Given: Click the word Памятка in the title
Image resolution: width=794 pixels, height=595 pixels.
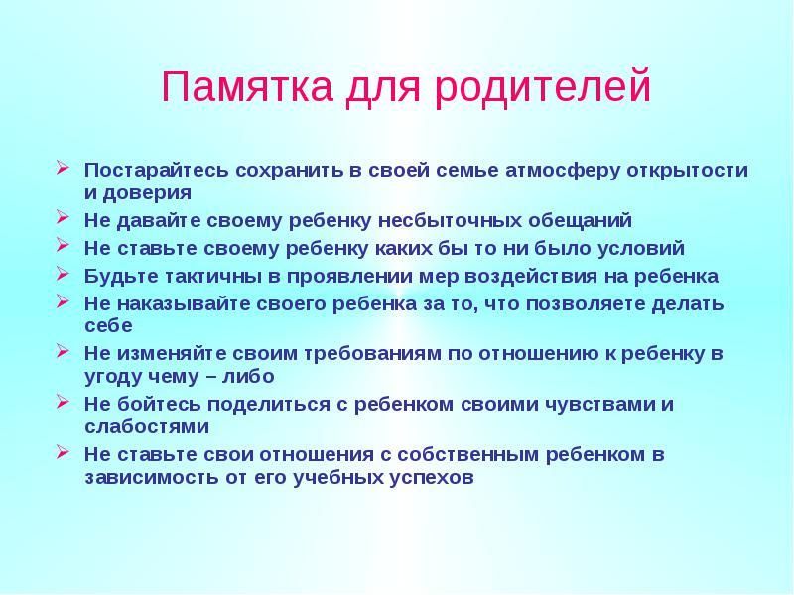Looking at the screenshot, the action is (246, 87).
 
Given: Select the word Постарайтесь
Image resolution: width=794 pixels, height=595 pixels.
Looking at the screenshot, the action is (157, 170).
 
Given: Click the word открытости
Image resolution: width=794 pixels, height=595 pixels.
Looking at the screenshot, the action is (688, 170).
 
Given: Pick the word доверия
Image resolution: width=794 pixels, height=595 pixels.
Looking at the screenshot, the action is (147, 193).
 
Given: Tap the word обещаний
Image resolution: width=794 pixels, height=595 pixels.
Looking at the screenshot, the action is (581, 221).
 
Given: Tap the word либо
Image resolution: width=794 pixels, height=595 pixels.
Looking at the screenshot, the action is (248, 377).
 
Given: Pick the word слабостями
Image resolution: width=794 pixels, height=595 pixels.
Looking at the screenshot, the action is (147, 427).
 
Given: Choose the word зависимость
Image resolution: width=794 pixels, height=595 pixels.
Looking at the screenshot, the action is (152, 478).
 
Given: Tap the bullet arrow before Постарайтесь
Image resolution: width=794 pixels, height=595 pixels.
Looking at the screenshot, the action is (63, 167).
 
